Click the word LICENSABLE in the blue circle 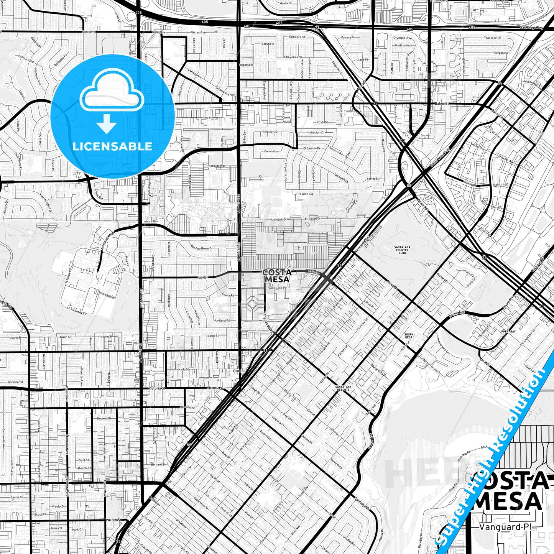(112, 146)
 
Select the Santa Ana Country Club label (402, 250)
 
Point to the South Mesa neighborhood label (409, 336)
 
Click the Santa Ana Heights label (343, 388)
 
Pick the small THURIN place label (238, 371)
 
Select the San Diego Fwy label (531, 28)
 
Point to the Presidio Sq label (304, 194)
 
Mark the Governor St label (15, 382)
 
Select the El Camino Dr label (312, 148)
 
